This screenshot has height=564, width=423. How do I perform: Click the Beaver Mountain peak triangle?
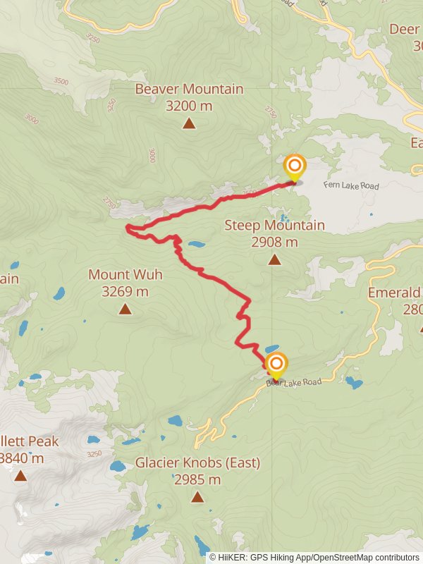point(189,123)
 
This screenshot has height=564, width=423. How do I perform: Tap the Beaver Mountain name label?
point(189,90)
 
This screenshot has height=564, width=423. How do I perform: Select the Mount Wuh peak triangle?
point(125,309)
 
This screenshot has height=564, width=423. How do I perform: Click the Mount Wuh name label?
point(125,274)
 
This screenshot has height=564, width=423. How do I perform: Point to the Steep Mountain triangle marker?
point(274,259)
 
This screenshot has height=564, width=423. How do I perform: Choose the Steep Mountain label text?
point(274,226)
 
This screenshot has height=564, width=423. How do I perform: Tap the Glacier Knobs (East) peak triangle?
point(197,497)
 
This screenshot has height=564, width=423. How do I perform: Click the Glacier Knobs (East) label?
point(197,463)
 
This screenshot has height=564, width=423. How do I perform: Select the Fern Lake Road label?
point(351,186)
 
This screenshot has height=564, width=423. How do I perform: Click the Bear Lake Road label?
point(294,383)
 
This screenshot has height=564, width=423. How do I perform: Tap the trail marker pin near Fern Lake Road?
point(294,168)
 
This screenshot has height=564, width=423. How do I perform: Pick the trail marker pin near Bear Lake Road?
point(276,364)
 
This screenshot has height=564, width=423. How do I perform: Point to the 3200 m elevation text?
point(189,106)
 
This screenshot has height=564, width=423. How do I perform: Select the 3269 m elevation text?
point(125,291)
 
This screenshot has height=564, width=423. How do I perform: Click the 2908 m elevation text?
point(274,243)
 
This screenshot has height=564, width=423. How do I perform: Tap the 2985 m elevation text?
point(197,480)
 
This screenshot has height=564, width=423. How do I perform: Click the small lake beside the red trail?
point(196,245)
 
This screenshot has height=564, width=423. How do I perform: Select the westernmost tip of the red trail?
point(127,227)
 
